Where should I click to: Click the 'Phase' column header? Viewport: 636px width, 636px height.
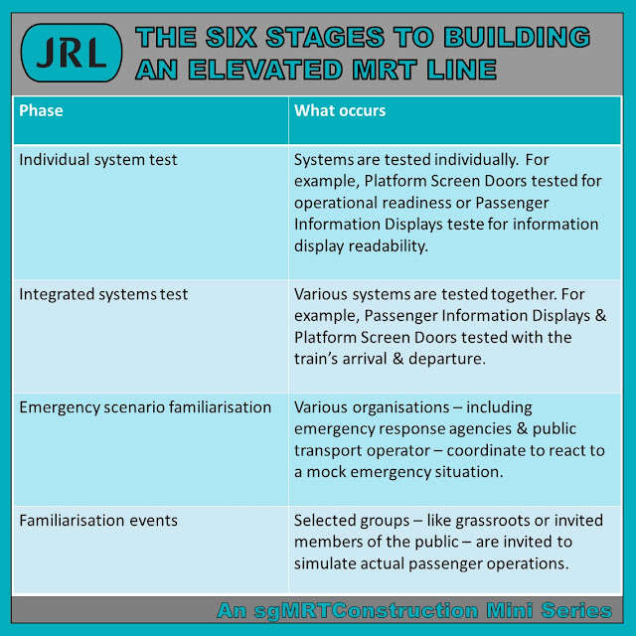(41, 110)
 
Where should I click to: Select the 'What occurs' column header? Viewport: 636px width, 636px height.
(340, 110)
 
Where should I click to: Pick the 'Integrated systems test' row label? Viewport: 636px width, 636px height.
(104, 294)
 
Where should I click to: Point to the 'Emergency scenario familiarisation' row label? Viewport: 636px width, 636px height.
(144, 407)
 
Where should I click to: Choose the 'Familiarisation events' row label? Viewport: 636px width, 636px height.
(97, 522)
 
